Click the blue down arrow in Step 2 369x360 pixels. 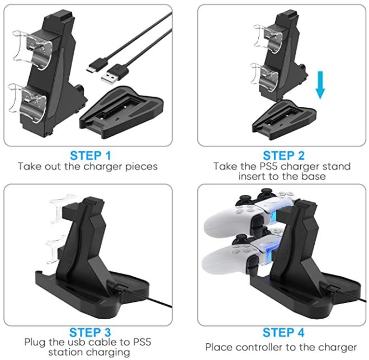click(320, 85)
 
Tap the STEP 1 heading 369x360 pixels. click(91, 156)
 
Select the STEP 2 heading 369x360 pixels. click(283, 156)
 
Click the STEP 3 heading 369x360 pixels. click(90, 333)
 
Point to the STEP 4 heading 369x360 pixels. click(283, 333)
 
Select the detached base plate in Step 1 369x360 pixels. click(121, 112)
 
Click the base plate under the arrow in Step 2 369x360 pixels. click(284, 120)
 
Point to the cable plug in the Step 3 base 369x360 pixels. click(121, 288)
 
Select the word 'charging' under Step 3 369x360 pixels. click(110, 353)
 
